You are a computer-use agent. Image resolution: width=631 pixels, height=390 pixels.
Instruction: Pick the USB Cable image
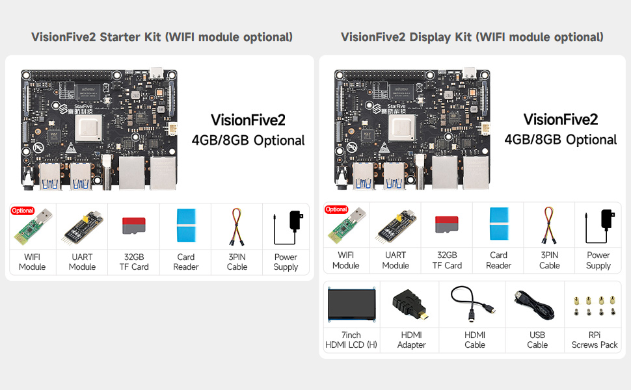point(536,305)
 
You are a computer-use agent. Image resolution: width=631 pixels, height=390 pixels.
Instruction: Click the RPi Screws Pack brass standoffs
point(593,305)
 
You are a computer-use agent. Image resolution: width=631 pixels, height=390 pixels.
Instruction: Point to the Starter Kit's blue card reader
point(186,226)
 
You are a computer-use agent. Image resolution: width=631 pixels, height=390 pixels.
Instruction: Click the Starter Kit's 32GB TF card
point(135,226)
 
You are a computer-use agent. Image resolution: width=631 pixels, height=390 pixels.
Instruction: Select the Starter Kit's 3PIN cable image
point(237,226)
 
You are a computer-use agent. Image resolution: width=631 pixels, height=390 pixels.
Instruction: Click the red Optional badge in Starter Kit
point(23,211)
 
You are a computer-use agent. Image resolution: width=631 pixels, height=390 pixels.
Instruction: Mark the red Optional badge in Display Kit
point(336,209)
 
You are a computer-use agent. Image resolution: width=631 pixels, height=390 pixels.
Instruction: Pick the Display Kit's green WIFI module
point(345,228)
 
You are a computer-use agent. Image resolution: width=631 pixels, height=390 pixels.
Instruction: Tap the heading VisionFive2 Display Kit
point(472,37)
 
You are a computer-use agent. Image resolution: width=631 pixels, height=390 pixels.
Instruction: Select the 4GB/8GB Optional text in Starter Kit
point(248,140)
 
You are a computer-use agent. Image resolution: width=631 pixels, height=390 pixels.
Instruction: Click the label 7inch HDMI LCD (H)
point(351,339)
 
